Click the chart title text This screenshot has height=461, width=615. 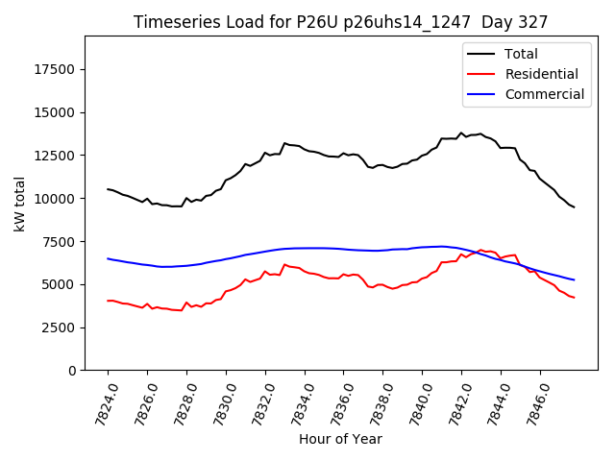[339, 22]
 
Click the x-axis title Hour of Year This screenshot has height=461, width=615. [340, 439]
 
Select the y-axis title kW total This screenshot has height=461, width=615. [19, 203]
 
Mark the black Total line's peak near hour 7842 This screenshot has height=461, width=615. [461, 133]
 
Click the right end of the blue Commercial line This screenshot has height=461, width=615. [575, 279]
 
